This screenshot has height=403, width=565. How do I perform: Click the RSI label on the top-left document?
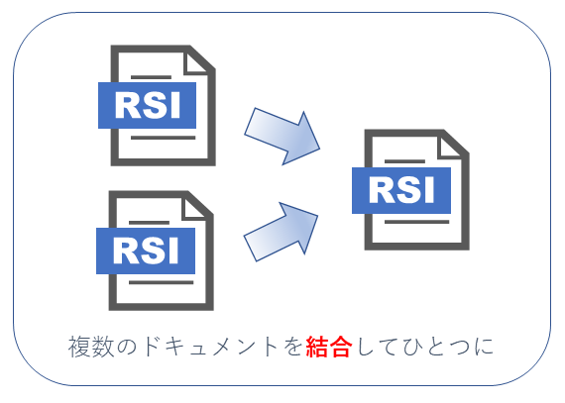click(147, 105)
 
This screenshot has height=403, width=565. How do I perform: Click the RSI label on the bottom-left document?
click(146, 251)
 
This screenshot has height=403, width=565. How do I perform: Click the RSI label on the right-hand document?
click(401, 190)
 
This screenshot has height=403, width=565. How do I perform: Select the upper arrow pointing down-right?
click(282, 136)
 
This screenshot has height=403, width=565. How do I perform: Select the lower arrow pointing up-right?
click(282, 232)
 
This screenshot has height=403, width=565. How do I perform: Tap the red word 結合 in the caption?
click(329, 347)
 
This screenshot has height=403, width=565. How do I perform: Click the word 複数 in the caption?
click(91, 347)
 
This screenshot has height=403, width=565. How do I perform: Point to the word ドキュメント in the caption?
click(210, 347)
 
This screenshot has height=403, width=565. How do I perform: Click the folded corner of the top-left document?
click(196, 63)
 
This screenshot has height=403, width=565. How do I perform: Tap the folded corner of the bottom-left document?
click(194, 209)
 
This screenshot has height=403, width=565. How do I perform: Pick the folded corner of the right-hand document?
click(450, 148)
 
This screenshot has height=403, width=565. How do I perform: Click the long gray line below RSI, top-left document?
click(163, 138)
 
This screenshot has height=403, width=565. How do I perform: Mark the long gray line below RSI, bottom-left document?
click(161, 282)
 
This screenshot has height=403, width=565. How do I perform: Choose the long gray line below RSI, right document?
click(417, 222)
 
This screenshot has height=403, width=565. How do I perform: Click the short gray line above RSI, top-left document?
click(151, 77)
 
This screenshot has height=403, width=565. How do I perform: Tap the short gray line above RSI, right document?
click(405, 161)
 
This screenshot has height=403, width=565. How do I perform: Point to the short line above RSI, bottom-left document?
click(149, 223)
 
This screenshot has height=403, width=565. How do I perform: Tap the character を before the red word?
click(292, 347)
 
